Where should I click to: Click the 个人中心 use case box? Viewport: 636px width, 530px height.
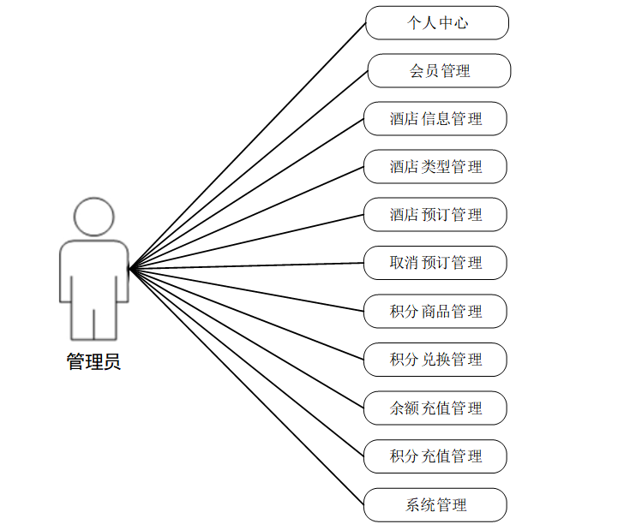tap(437, 23)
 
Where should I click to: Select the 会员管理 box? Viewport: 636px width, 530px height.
tap(439, 71)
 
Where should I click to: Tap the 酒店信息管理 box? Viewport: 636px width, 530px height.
tap(435, 119)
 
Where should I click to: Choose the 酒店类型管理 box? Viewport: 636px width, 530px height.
tap(435, 167)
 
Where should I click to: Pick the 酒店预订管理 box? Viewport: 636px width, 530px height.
tap(435, 215)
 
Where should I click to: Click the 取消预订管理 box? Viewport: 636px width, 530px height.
tap(435, 263)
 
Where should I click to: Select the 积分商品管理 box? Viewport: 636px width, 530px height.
tap(435, 312)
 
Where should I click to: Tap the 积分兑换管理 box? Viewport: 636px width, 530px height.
tap(435, 360)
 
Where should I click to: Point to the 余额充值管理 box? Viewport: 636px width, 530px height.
tap(435, 408)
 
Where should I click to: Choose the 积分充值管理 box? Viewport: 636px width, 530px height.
tap(435, 456)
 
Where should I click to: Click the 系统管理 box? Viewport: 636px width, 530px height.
tap(435, 505)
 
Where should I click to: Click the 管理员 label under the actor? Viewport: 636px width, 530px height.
tap(93, 362)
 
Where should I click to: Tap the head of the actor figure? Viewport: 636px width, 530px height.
tap(93, 217)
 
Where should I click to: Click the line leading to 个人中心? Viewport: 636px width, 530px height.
tap(248, 146)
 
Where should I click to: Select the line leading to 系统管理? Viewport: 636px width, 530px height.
tap(247, 387)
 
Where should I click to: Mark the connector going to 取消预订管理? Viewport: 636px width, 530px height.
tap(247, 265)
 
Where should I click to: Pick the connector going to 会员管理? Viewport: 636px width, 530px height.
tap(249, 170)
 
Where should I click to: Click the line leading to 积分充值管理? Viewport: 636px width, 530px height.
tap(247, 363)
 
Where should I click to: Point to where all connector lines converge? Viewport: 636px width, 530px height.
tap(129, 269)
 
